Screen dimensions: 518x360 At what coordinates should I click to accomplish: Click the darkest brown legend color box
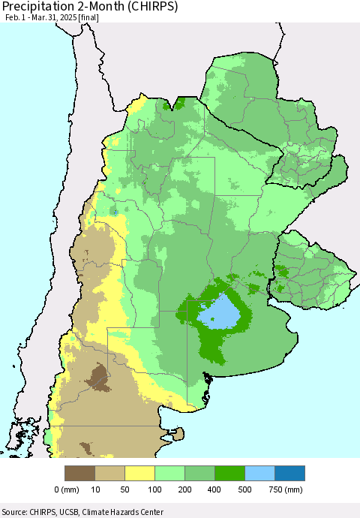(79, 473)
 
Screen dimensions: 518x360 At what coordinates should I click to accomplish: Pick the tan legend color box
(109, 473)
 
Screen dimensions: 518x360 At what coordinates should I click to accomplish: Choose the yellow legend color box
(139, 473)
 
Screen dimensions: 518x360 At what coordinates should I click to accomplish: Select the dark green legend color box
(229, 473)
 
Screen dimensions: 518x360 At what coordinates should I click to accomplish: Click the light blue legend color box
(259, 473)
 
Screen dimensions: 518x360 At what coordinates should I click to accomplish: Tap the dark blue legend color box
(289, 473)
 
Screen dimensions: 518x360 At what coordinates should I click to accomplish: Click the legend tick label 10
(94, 490)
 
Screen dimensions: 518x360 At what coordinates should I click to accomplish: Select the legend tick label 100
(154, 490)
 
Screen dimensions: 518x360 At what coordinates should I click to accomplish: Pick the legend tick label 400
(214, 490)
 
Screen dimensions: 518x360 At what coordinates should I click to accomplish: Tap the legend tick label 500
(244, 490)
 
